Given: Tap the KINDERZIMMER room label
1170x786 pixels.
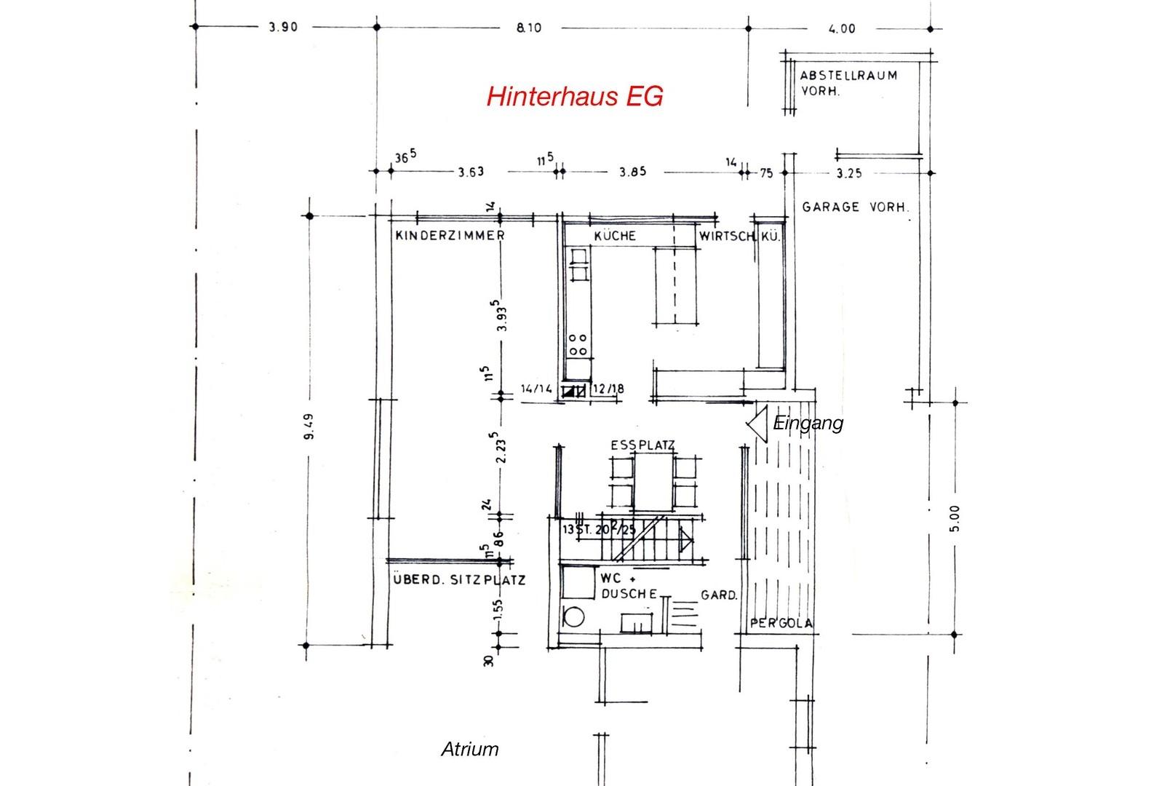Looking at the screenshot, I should [x=450, y=236].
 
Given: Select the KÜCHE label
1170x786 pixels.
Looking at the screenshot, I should [x=615, y=236].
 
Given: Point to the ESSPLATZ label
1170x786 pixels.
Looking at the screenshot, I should [x=642, y=445].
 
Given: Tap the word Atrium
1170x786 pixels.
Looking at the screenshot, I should [x=470, y=749].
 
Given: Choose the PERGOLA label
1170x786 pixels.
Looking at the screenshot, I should [x=781, y=624].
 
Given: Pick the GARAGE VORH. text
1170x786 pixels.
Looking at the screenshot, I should [x=855, y=207].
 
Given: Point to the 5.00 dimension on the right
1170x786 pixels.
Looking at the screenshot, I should [x=955, y=518].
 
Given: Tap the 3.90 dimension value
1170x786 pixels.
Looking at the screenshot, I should [x=283, y=28].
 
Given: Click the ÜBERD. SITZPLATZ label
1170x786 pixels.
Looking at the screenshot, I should [x=458, y=580].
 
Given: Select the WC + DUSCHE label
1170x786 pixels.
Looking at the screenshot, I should [x=629, y=587].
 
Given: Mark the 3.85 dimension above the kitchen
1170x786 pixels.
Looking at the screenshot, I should [x=632, y=172].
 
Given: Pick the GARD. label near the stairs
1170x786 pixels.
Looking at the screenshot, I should [x=719, y=595].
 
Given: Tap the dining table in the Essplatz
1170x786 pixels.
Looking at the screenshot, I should [x=654, y=481].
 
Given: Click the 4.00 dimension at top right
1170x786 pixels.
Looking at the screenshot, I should [x=842, y=29].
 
